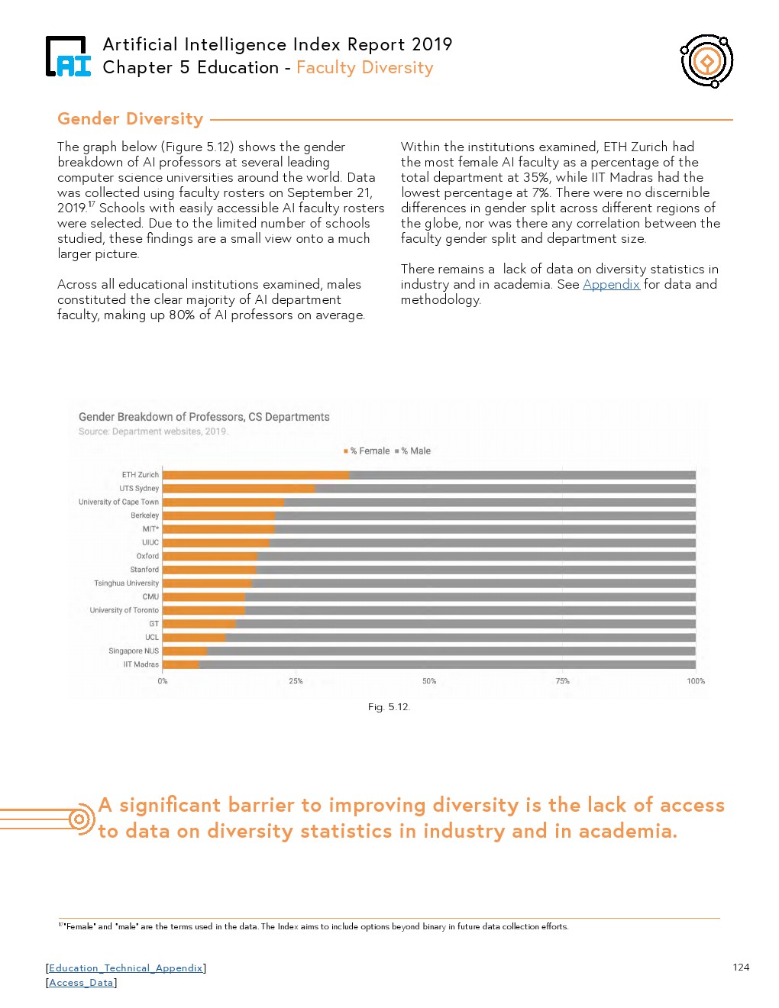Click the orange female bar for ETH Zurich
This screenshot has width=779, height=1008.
256,475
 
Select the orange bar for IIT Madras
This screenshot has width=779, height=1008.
181,664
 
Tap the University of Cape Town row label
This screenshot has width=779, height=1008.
118,502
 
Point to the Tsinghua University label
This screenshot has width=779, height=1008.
126,583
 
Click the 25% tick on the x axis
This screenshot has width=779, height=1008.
296,681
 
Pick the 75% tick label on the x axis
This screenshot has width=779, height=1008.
562,681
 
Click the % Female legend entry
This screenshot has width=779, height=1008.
367,451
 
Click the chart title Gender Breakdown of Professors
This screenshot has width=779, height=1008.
204,417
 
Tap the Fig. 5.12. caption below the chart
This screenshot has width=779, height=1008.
389,707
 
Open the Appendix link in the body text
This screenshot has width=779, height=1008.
611,284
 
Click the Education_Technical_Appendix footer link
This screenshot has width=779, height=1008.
126,968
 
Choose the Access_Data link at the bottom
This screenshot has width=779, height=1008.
81,983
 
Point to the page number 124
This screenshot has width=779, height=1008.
741,968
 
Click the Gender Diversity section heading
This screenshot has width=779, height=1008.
131,119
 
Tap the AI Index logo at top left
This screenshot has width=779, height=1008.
68,57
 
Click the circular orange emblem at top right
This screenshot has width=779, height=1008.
707,60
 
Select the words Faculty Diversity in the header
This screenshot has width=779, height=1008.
364,68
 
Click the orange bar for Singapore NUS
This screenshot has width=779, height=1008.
185,651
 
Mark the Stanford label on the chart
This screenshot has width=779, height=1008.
144,570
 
